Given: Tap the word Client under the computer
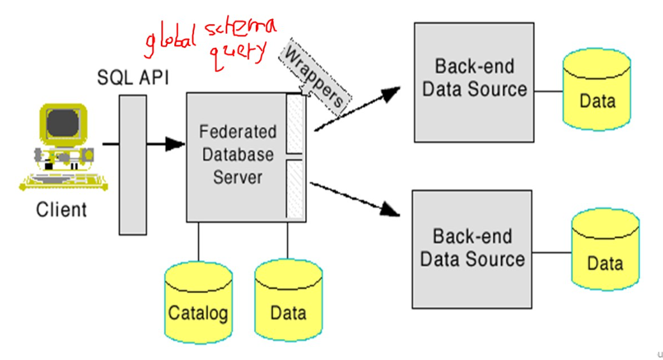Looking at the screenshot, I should [61, 209].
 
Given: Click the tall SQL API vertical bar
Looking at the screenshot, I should [132, 165].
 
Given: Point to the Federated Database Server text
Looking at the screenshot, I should [237, 154].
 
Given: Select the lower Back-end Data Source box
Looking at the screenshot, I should [472, 249].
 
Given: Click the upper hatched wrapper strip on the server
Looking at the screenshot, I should [295, 124].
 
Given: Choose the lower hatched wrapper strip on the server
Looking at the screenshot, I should [295, 189].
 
